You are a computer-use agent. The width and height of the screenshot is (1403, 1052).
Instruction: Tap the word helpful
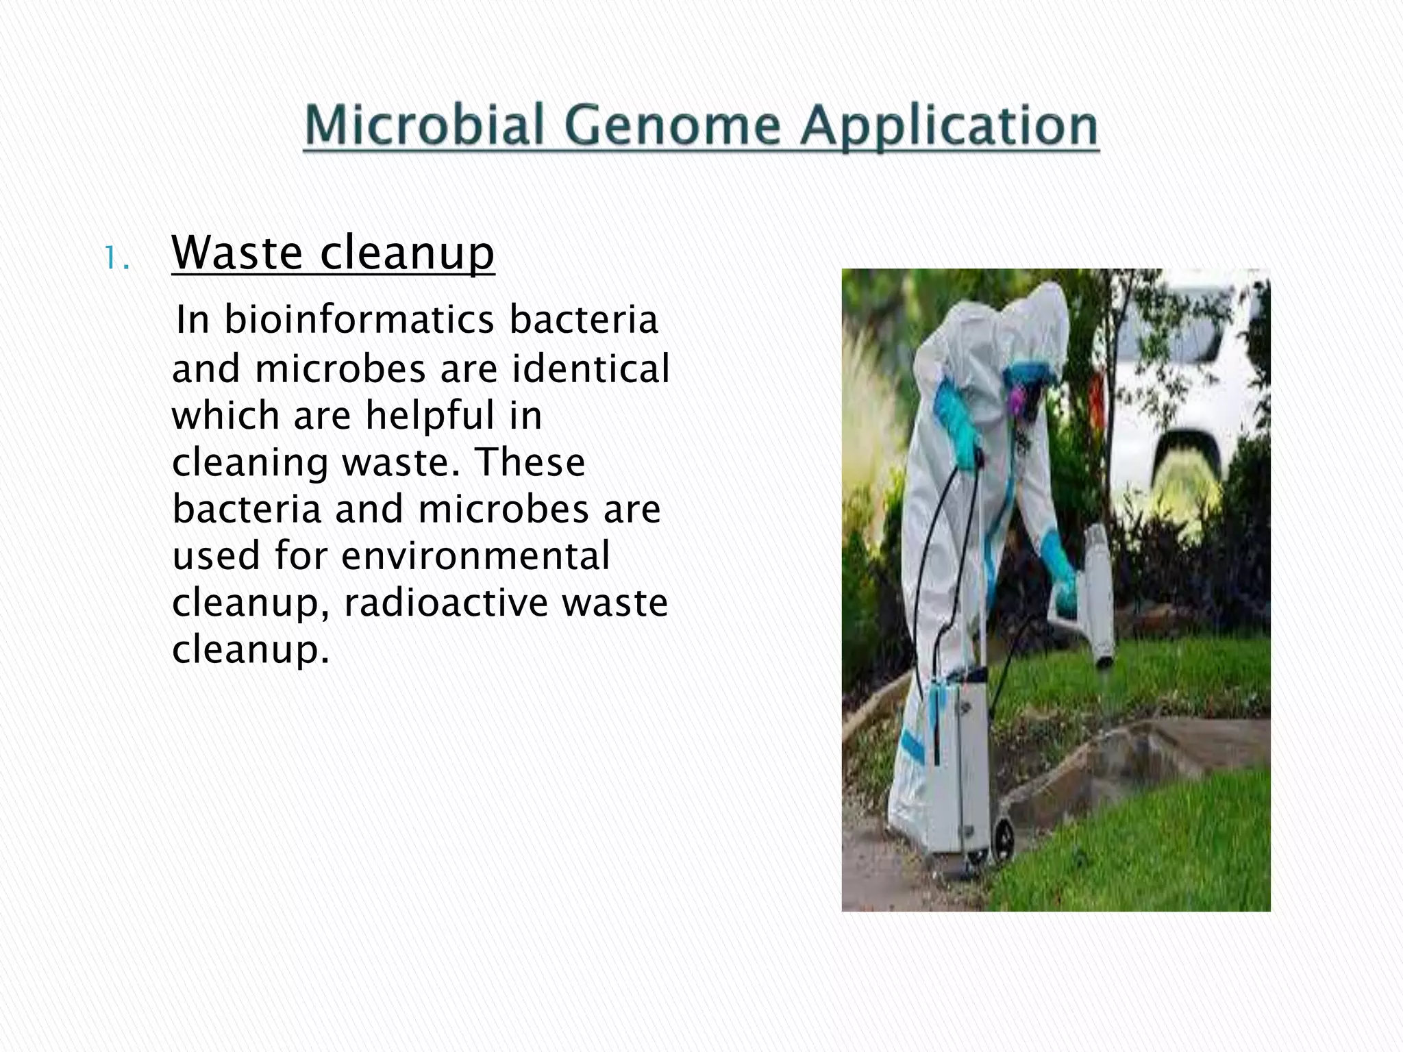428,415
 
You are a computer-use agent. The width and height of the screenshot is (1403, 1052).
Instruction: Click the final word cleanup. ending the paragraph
250,649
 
